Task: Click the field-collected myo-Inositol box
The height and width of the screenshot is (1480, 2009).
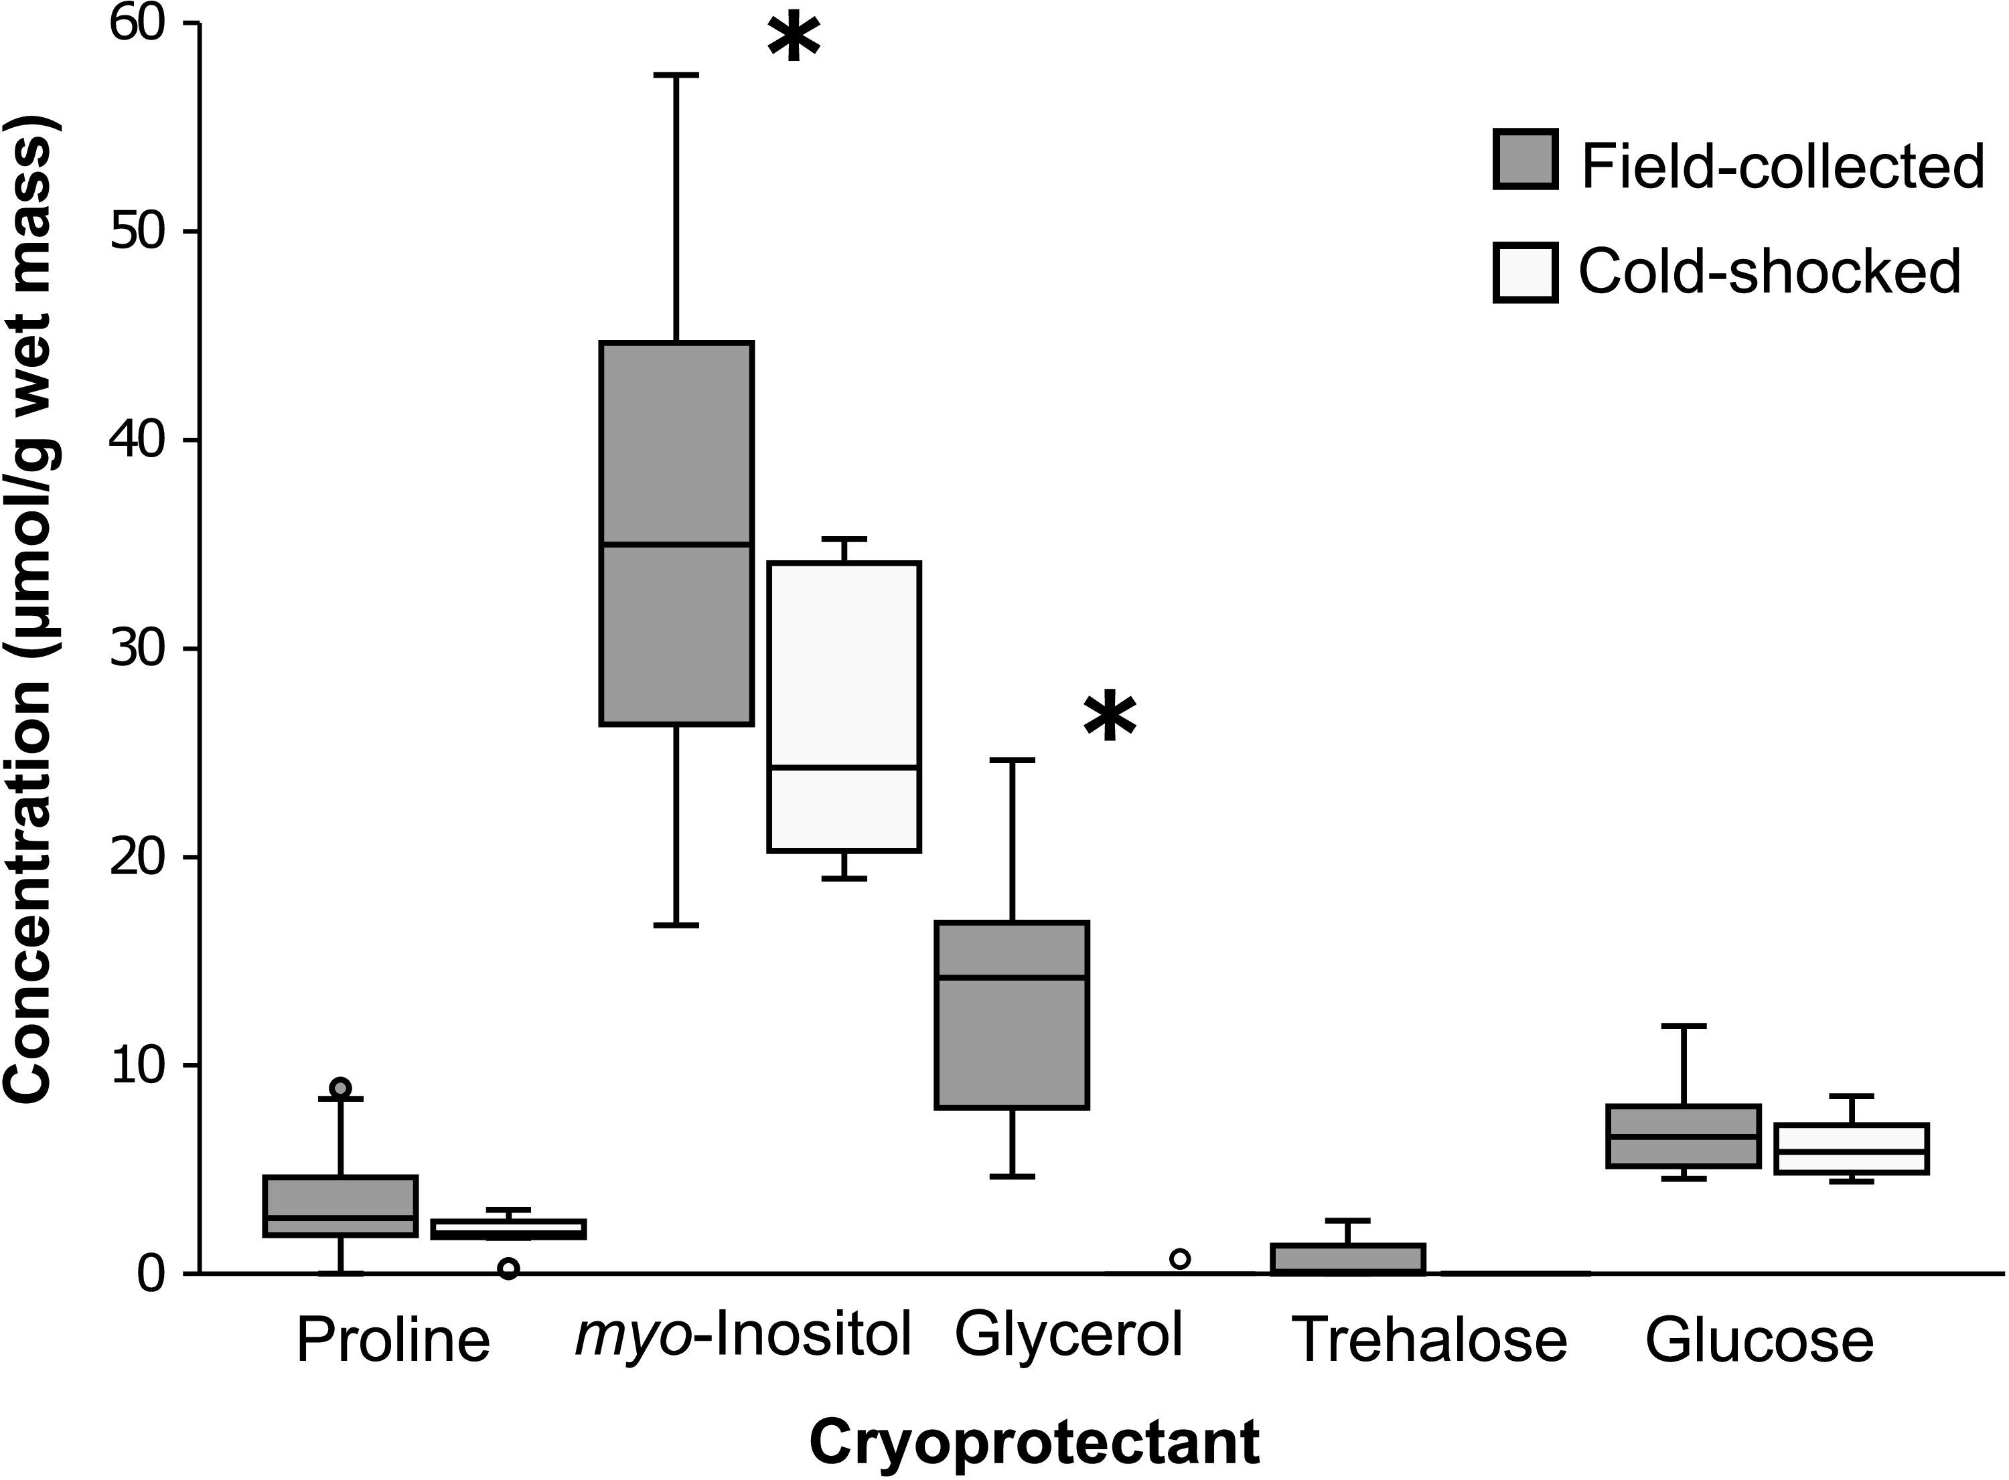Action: tap(676, 532)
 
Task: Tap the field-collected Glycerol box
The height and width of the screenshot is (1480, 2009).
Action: tap(1012, 1014)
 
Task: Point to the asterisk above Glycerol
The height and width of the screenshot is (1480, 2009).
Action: tap(1110, 717)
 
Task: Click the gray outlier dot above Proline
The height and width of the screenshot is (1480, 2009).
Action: tap(340, 1088)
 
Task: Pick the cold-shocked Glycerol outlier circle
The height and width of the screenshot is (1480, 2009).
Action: tap(1180, 1258)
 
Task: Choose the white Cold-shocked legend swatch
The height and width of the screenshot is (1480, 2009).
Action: tap(1524, 272)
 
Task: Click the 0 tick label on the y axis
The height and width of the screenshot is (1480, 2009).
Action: tap(152, 1273)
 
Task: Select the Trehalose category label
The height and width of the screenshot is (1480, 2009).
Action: tap(1431, 1340)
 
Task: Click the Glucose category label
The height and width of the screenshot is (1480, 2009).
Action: tap(1759, 1340)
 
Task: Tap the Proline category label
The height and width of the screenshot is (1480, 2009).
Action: tap(392, 1340)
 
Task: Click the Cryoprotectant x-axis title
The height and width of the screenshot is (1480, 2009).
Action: tap(1034, 1443)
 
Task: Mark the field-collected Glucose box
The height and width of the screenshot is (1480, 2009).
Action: tap(1684, 1136)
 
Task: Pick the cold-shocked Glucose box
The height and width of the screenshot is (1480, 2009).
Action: tap(1851, 1149)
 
